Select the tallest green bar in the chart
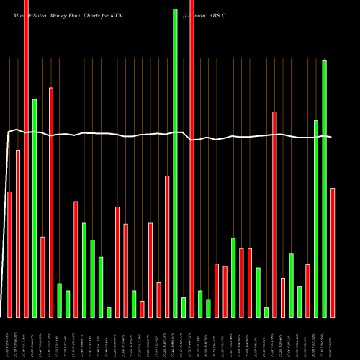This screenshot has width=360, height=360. (175, 162)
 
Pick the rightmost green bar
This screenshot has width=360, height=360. (324, 189)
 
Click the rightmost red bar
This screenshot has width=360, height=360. (333, 252)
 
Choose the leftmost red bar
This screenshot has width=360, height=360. (9, 254)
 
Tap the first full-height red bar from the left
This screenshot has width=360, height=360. (26, 158)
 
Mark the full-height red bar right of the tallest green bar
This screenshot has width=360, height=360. (192, 158)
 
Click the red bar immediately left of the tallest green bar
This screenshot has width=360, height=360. (167, 246)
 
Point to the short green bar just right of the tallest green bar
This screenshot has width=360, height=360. (184, 307)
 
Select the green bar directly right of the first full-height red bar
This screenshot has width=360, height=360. (34, 207)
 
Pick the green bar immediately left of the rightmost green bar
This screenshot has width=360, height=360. (316, 218)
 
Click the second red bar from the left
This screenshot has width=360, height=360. (18, 233)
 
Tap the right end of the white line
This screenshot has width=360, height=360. (330, 137)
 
